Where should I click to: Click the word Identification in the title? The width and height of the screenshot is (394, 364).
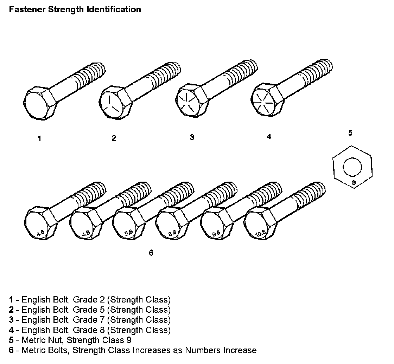tap(114, 9)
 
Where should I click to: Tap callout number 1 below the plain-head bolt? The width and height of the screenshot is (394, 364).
tap(39, 138)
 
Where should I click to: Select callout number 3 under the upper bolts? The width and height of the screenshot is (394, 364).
tap(192, 137)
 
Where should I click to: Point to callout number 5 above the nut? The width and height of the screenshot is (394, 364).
tap(350, 133)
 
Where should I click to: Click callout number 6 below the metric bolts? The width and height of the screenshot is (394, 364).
tap(151, 253)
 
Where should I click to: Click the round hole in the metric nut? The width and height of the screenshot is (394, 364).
tap(352, 167)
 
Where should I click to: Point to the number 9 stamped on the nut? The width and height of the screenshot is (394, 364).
tap(354, 183)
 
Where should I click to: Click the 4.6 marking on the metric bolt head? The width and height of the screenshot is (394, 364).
tap(40, 233)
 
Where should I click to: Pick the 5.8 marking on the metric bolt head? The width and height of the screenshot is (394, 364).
tap(128, 233)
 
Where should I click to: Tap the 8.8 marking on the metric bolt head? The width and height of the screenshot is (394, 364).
tap(172, 233)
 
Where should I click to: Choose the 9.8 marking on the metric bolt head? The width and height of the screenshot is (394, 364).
tap(216, 233)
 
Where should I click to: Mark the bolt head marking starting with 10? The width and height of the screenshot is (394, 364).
tap(261, 233)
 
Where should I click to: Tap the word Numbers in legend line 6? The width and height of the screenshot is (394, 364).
tap(199, 350)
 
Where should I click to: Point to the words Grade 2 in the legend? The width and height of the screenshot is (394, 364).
tap(89, 300)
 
